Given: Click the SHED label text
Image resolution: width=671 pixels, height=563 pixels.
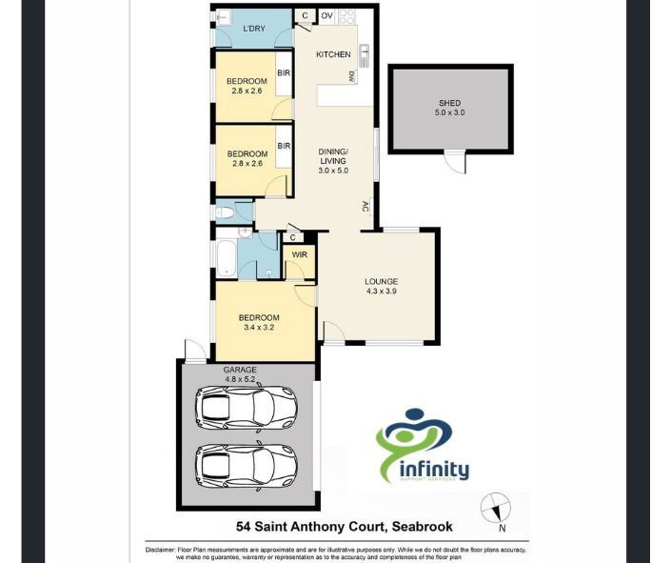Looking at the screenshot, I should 450,103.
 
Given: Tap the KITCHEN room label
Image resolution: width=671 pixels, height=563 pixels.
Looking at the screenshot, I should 333,54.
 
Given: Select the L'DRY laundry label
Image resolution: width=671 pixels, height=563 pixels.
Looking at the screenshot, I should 253,29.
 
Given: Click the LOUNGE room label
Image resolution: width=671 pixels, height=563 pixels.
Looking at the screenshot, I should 381,281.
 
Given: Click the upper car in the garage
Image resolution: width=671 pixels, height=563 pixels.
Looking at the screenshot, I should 246,408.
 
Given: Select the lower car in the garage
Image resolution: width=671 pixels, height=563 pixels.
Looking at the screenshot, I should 246,466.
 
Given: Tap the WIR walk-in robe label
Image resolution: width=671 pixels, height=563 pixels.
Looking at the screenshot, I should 299,255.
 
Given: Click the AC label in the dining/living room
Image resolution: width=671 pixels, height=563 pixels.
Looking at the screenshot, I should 365,206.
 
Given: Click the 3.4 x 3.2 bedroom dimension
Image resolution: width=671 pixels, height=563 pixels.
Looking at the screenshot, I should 258,328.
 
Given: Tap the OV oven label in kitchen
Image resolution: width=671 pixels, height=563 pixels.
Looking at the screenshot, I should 326,15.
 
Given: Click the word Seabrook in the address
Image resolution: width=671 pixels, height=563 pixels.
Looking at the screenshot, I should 421,527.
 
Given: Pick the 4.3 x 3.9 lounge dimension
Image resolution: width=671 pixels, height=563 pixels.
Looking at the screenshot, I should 381,292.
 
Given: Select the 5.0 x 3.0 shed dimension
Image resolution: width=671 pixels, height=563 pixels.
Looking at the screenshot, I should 450,113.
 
